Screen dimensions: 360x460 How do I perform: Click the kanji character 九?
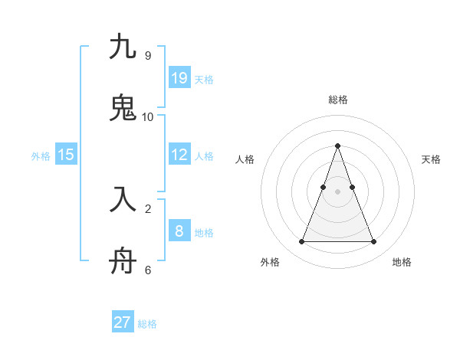[123, 47]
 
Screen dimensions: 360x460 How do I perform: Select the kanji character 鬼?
[123, 108]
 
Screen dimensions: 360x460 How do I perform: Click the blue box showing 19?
[179, 77]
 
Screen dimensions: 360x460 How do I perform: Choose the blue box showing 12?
[179, 155]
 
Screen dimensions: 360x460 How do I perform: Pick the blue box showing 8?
[179, 231]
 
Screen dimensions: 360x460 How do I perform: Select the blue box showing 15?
[66, 155]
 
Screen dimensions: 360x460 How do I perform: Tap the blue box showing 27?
[123, 322]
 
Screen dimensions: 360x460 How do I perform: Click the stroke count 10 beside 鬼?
[148, 117]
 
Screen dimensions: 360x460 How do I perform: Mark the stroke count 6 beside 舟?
[148, 270]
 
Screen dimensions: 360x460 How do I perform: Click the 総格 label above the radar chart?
[338, 100]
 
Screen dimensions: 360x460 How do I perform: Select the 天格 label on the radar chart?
[432, 159]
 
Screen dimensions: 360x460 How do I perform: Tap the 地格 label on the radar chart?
[402, 262]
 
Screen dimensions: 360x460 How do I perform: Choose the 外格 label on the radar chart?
[270, 262]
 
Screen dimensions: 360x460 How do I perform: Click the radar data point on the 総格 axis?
[337, 146]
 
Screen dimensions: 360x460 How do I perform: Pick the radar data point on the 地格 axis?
[373, 242]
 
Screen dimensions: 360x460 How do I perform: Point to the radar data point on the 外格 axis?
[301, 242]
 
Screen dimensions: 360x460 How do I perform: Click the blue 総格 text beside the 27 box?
[147, 324]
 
